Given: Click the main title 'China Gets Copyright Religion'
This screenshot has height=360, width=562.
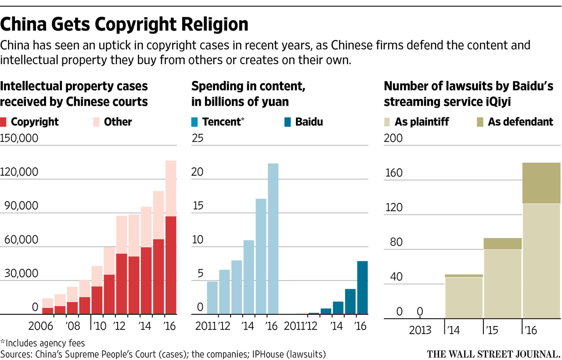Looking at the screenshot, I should click(x=124, y=25).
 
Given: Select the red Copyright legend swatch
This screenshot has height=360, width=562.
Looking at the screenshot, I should click(x=4, y=122).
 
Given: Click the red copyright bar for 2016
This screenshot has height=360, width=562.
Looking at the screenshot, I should click(x=170, y=265).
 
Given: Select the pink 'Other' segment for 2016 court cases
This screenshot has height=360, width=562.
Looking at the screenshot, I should click(x=170, y=188).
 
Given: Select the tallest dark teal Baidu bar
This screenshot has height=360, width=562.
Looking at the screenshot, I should click(x=362, y=288).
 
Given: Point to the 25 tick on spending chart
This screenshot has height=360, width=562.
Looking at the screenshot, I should click(x=198, y=139).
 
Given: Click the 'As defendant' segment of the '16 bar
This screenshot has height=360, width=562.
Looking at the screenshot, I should click(x=541, y=183).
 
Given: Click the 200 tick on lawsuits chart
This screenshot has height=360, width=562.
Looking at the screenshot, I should click(x=393, y=139).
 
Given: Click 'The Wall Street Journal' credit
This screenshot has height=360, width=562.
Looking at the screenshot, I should click(x=494, y=353).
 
